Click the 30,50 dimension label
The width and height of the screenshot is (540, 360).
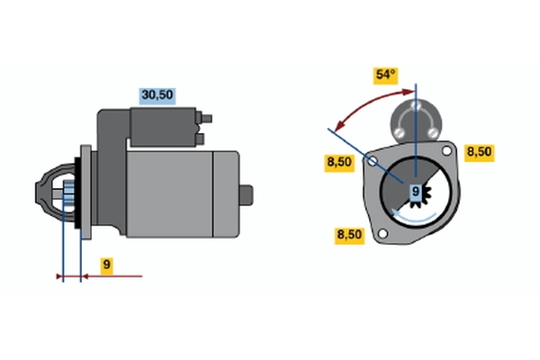pos(157,95)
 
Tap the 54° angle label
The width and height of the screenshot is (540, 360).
pos(386,76)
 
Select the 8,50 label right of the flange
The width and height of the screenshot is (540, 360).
pos(479,153)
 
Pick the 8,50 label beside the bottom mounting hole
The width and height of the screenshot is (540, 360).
pos(349,236)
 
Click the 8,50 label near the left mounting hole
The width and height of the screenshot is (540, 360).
pos(339,163)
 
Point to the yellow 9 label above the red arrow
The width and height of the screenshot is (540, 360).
pos(107,265)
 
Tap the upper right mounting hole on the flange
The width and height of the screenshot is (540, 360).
pos(446,150)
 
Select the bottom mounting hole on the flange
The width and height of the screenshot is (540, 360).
pos(382,234)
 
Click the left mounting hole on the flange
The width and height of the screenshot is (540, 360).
pos(373,161)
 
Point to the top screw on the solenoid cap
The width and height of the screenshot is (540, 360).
pos(416,105)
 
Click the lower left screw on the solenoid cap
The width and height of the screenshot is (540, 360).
pos(399,132)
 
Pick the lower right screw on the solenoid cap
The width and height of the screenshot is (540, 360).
pos(433,132)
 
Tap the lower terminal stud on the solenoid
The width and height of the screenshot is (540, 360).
pos(200,139)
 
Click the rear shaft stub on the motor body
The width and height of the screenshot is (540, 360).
pos(247,195)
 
